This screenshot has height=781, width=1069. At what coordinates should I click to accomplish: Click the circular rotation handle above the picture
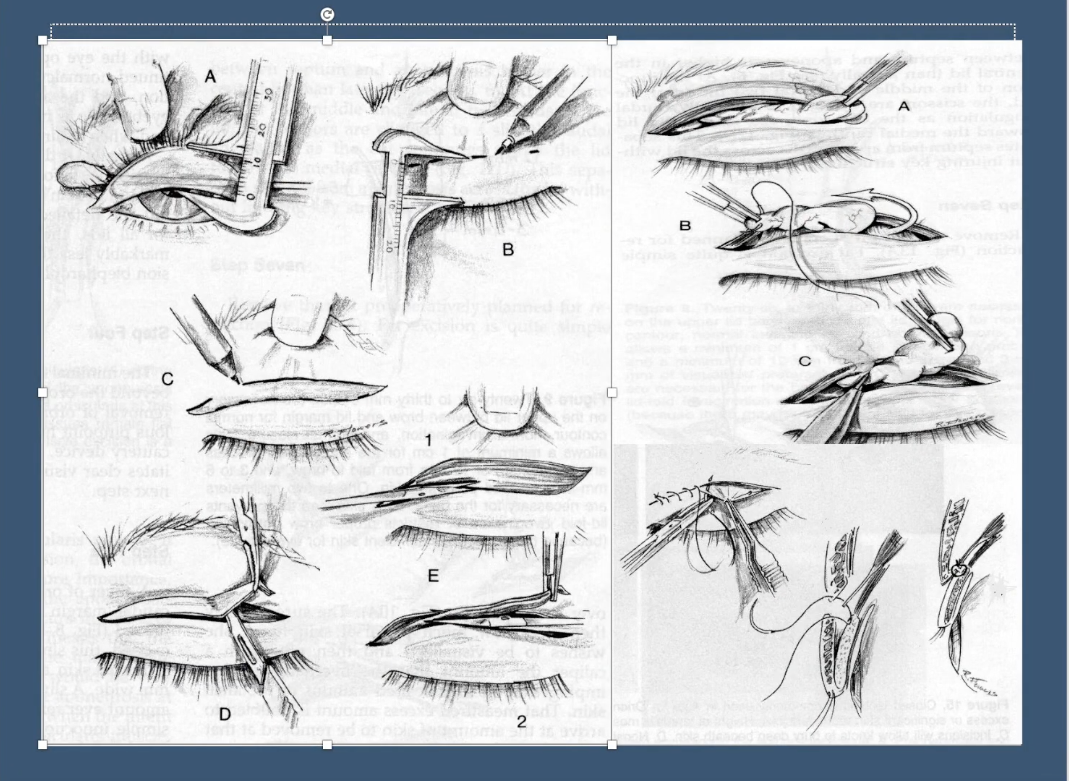point(327,15)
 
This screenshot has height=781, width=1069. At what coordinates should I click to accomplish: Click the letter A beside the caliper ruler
point(210,76)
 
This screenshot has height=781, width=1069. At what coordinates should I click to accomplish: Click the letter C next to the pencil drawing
point(167,379)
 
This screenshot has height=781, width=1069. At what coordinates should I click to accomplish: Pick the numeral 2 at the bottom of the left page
point(521,721)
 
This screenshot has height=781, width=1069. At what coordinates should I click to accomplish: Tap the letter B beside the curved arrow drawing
point(685,226)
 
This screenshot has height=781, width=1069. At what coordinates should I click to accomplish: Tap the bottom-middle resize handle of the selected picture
point(327,745)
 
